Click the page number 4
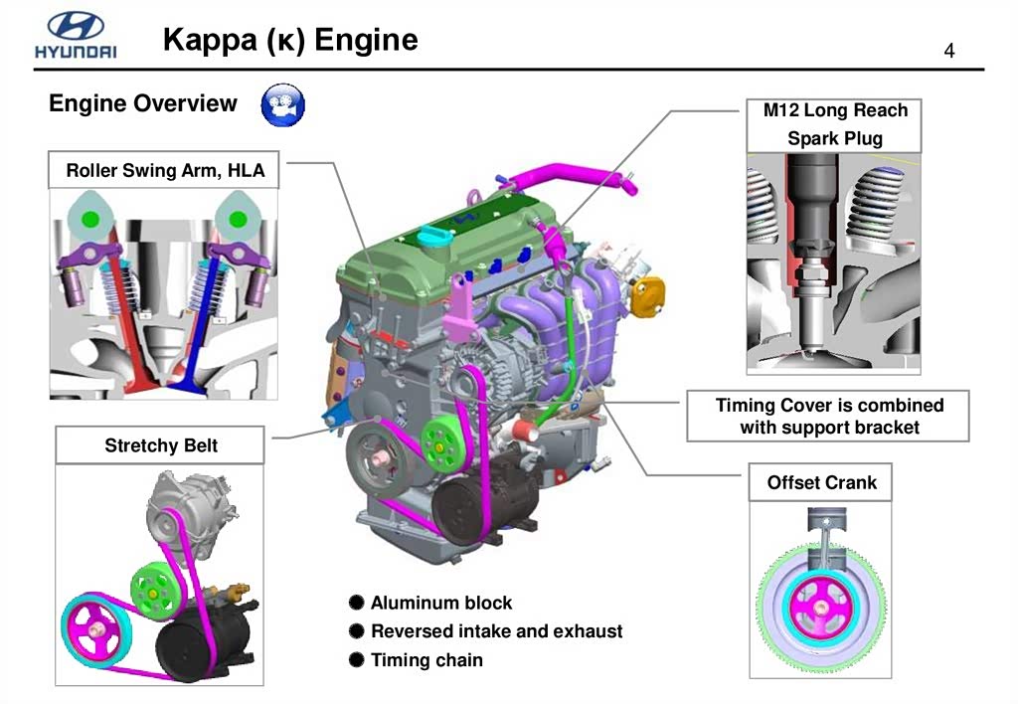pos(949,51)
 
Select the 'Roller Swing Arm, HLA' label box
pos(165,170)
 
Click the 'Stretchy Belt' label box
pos(160,444)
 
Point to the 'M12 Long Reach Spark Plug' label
pos(835,124)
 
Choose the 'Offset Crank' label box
pos(821,482)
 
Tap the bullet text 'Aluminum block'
pos(441,602)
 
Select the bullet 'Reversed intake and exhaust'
pos(496,630)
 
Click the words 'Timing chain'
pos(426,659)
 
